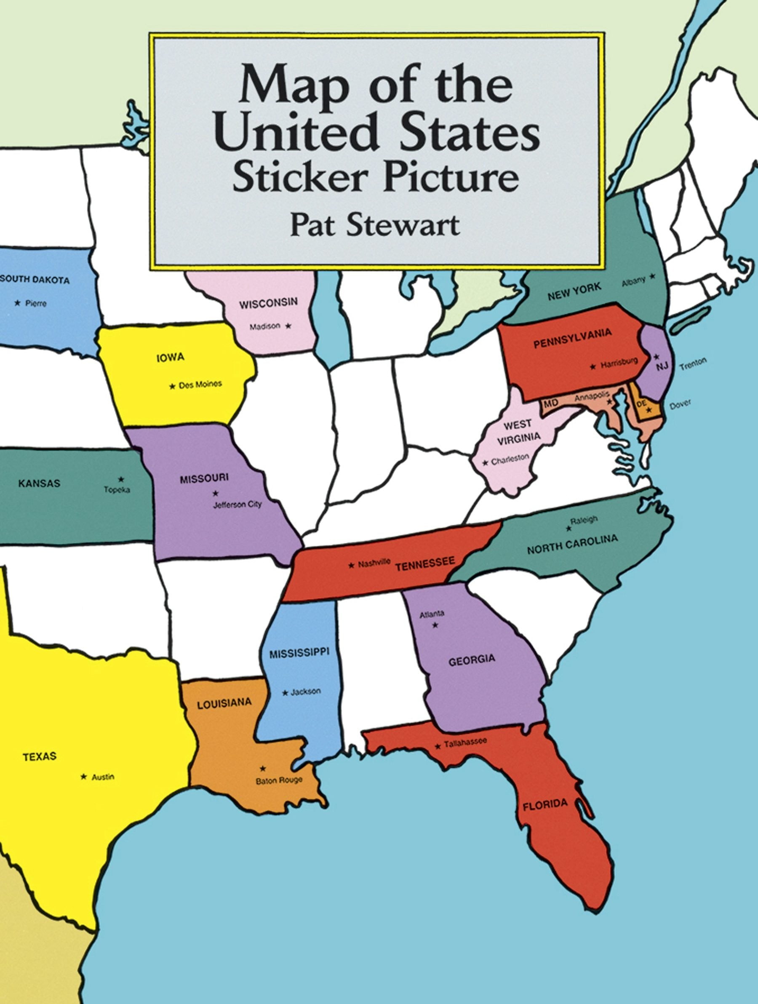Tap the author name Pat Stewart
point(374,226)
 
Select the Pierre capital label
point(36,304)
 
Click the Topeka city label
point(117,490)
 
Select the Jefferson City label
point(238,504)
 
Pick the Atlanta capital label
point(432,614)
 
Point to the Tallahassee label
point(467,742)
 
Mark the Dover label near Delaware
point(680,403)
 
